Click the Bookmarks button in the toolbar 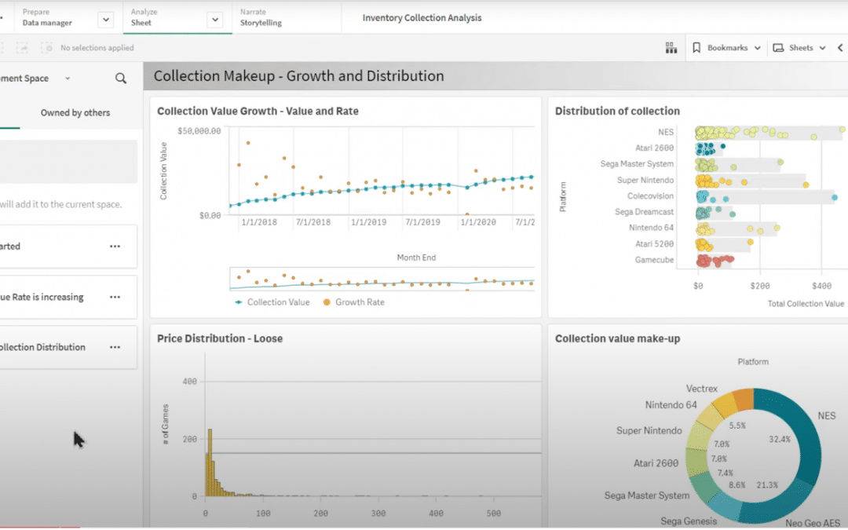726,48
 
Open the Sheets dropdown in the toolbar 799,48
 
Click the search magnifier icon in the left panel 121,79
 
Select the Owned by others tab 75,113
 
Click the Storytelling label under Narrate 261,23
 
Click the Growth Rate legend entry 360,302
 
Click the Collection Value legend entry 277,302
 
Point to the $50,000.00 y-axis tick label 199,131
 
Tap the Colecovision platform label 650,196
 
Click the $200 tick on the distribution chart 759,287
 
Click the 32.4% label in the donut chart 780,439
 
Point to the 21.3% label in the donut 766,485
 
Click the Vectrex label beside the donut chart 702,389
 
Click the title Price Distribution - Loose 220,338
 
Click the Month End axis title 416,258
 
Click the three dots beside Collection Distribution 115,347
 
